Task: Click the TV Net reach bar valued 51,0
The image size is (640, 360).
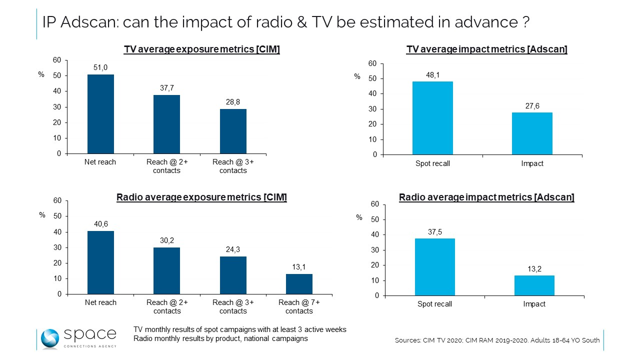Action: (100, 114)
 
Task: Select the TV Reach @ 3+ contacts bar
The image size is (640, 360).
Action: (233, 131)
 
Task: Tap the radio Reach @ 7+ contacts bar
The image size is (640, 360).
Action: (299, 283)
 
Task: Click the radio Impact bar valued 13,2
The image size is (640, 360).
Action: (534, 285)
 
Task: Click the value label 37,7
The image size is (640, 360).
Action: (167, 88)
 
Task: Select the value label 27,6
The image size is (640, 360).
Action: (532, 105)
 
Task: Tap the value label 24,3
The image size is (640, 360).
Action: (233, 249)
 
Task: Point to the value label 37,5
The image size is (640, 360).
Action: (435, 231)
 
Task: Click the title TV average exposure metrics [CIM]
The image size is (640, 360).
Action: (201, 49)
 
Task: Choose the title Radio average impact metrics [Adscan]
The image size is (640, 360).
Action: (486, 197)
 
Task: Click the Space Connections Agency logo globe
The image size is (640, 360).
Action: (50, 338)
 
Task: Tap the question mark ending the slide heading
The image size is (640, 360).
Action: (525, 22)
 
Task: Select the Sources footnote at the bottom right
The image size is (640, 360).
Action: (497, 340)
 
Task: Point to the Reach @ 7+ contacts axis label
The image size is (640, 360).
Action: (299, 306)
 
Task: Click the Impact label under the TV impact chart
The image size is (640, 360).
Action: (532, 163)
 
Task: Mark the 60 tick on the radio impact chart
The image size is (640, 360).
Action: (375, 204)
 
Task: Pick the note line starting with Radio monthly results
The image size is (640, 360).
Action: (220, 338)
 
